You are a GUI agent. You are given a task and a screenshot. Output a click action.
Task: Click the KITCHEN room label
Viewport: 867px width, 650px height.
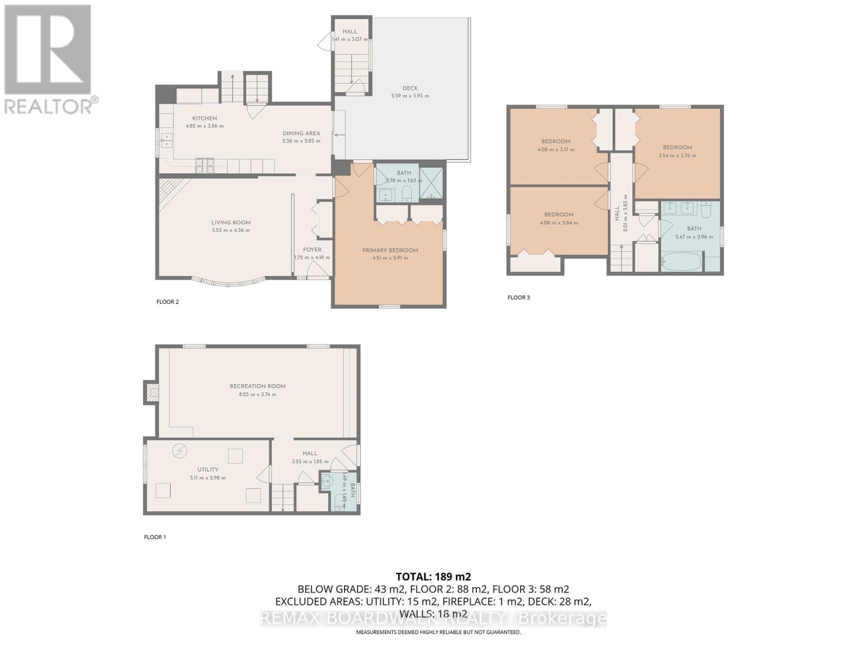(x=204, y=118)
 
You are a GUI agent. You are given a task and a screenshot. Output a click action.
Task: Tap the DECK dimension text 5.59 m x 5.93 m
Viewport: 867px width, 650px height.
(x=410, y=96)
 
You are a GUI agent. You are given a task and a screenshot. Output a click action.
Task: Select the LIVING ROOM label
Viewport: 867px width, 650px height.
(x=231, y=222)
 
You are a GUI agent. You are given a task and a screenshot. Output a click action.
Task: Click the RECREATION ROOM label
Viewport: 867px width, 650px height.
(x=257, y=386)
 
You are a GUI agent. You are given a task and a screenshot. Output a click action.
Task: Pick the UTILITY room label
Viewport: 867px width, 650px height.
(x=208, y=470)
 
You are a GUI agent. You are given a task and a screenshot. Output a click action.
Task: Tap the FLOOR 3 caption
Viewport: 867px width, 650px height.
(x=519, y=297)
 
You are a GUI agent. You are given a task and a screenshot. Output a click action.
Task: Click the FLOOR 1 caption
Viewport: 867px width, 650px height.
(x=155, y=537)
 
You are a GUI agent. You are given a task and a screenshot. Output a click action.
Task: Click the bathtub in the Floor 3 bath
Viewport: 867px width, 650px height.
(x=681, y=261)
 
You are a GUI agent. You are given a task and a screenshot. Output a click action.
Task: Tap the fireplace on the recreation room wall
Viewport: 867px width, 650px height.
(x=151, y=392)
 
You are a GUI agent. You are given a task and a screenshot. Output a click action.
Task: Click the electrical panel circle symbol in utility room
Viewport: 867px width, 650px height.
(x=179, y=451)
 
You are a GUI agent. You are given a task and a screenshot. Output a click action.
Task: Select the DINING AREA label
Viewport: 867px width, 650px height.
(x=301, y=133)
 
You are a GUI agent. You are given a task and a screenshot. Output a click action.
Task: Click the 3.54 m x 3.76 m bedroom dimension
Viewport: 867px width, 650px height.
(x=677, y=155)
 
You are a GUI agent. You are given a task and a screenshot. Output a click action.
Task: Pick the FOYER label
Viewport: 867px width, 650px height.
(x=312, y=250)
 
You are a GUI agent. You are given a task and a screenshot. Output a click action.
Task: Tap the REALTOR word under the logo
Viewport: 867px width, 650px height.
(x=49, y=106)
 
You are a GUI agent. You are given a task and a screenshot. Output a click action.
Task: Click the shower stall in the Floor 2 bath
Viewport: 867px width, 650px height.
(x=431, y=184)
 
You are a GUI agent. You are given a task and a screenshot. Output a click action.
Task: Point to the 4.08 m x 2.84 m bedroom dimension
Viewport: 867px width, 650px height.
(x=558, y=223)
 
